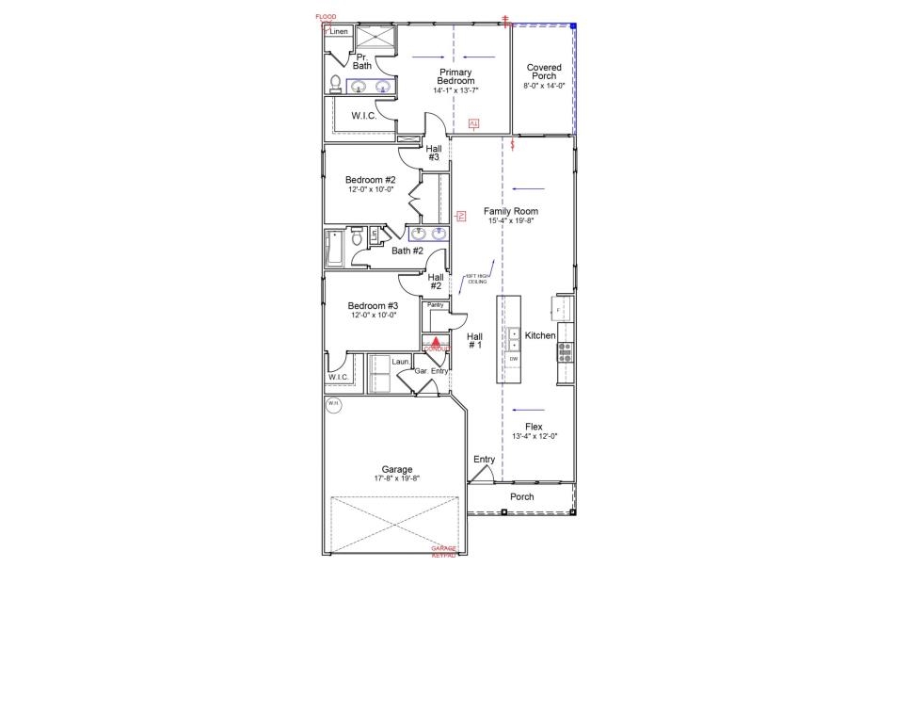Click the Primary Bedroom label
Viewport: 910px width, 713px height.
[x=455, y=77]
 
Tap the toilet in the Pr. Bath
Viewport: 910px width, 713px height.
[x=335, y=83]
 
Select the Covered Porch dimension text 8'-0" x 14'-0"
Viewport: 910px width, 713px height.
[x=544, y=86]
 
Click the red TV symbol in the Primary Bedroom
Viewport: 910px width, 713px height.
[x=473, y=123]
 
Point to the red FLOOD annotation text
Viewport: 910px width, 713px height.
[x=326, y=17]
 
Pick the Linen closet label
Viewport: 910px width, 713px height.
[x=339, y=32]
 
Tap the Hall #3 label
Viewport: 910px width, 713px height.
[x=434, y=153]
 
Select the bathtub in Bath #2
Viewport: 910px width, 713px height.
[x=334, y=249]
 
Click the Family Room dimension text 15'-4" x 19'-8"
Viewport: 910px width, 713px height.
[x=511, y=221]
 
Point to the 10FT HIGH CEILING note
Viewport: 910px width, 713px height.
[x=477, y=279]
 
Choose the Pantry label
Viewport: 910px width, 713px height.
[x=435, y=305]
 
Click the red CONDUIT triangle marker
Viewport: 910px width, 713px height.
[x=436, y=342]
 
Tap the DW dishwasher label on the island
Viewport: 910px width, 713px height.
[x=514, y=359]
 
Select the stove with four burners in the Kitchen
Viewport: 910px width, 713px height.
[x=566, y=352]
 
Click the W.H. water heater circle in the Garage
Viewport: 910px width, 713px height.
[x=333, y=405]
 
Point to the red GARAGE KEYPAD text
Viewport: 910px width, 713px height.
[x=443, y=552]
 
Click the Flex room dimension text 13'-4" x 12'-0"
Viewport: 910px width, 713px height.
[x=535, y=436]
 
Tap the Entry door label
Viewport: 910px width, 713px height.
[x=484, y=460]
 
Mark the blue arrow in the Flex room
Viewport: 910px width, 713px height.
[x=530, y=410]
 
